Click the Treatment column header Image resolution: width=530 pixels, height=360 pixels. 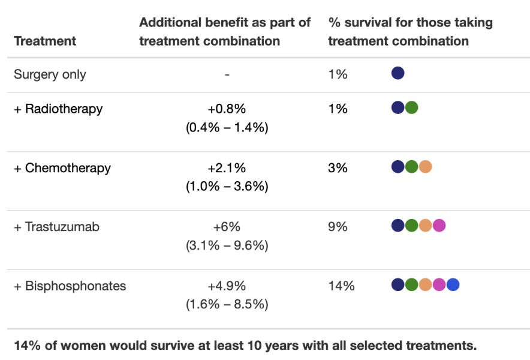coord(45,41)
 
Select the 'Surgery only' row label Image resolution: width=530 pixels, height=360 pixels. coord(50,74)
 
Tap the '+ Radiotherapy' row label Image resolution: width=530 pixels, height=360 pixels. coord(58,109)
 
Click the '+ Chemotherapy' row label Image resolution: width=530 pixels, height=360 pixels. coord(62,167)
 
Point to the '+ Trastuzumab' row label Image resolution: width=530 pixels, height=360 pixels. coord(56,227)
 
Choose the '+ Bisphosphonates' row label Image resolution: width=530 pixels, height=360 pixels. coord(70,286)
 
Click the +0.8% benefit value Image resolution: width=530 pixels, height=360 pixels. coord(227,109)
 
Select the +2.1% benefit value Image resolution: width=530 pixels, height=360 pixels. coord(227,167)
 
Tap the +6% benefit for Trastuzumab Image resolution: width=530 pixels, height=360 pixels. coord(227,227)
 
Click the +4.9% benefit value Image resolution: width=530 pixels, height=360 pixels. coord(227,286)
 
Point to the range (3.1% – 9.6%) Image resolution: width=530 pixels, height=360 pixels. coord(227,245)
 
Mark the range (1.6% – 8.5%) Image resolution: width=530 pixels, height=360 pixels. coord(227,304)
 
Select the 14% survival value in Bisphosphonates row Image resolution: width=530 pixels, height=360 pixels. coord(341,286)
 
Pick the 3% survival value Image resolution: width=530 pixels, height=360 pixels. coord(338,167)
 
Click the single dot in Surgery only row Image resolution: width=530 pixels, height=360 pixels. coord(397,73)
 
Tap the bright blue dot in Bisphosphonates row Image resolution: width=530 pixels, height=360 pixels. coord(453,285)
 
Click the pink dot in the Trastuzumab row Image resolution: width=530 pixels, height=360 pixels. coord(439,226)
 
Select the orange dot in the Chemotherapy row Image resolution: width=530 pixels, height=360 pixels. coord(425,167)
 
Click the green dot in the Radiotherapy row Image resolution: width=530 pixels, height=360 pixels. coord(411,107)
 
